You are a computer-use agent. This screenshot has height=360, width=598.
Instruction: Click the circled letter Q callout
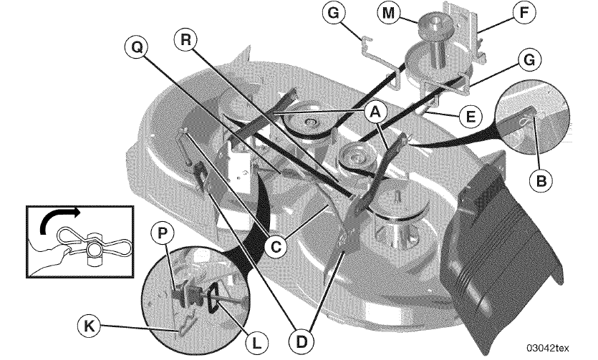coord(137,47)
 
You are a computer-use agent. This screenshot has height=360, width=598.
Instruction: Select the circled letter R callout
coord(185,39)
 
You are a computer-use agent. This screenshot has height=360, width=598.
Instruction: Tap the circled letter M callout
coord(389,13)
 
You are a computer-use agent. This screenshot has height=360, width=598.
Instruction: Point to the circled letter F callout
coord(524,12)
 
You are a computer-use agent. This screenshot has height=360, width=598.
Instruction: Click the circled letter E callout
coord(471,116)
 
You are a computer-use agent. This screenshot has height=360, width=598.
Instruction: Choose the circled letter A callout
coord(375,112)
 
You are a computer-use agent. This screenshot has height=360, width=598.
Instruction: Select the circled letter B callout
coord(541,180)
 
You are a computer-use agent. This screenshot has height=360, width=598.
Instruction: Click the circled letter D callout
coord(302,341)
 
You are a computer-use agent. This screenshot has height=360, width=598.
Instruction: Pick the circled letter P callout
coord(163,233)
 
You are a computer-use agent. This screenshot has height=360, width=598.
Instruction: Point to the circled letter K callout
coord(89,326)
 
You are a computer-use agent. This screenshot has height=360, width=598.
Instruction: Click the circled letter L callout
coord(257,343)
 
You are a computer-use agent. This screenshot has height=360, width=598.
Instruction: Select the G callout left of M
coord(333,13)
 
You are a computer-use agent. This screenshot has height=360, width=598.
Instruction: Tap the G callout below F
coord(529,60)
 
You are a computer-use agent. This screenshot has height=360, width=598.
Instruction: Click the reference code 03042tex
coord(548,348)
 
